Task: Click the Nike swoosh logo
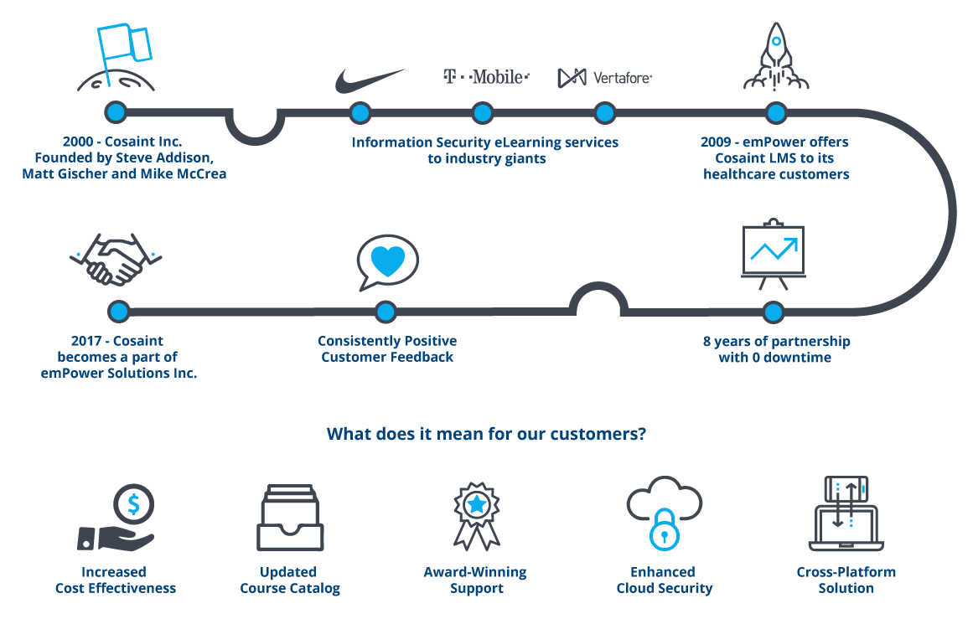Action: [369, 80]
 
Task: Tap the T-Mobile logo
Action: [486, 77]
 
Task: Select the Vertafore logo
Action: [604, 78]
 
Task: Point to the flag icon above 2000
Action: [122, 47]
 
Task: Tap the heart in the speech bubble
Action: [387, 261]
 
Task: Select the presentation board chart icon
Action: [773, 250]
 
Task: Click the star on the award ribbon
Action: [476, 504]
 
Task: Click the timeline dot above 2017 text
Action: [118, 312]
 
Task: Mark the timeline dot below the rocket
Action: [776, 112]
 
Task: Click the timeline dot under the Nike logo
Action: [360, 112]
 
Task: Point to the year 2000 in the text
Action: [78, 142]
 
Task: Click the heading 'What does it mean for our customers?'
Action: [486, 434]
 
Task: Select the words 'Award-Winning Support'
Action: [475, 580]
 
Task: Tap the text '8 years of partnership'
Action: [776, 342]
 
